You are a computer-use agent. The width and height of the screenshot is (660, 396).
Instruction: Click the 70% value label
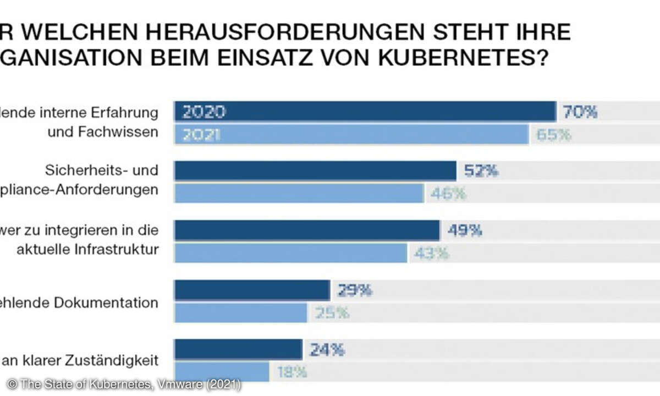coord(579,112)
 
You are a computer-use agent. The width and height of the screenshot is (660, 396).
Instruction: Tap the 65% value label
coord(553,134)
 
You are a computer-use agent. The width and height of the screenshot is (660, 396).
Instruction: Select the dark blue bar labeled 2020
coord(365,112)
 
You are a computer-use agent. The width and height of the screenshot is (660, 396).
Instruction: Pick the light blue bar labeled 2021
coord(351,134)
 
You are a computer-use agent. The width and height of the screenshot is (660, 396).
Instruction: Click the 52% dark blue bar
coord(315,171)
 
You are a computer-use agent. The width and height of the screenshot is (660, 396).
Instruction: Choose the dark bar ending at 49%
coord(307,230)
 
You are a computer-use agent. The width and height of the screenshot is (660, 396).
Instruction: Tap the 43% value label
coord(432,253)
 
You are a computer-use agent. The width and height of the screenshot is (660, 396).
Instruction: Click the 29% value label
coord(355,290)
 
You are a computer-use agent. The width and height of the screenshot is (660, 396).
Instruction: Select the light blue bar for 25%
coord(241,313)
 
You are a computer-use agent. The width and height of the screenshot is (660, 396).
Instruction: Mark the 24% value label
coord(327,350)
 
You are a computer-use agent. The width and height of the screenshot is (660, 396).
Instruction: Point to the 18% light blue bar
coord(222,372)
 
